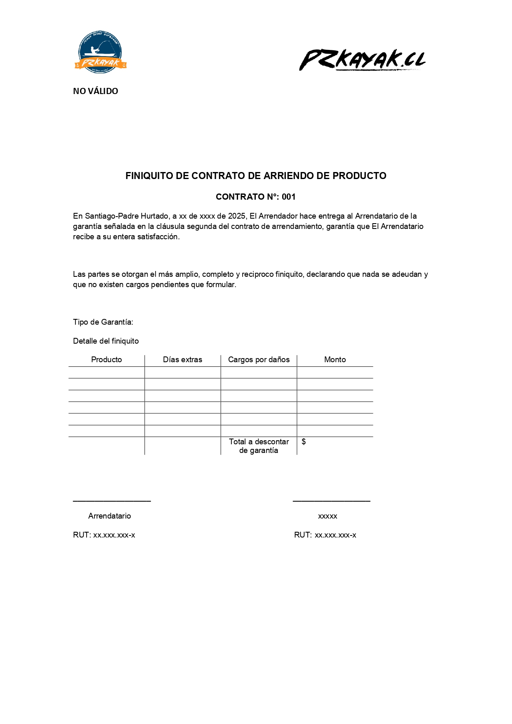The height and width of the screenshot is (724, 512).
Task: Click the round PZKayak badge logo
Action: click(x=100, y=52)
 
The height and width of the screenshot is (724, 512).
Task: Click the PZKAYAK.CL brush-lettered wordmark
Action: click(x=362, y=59)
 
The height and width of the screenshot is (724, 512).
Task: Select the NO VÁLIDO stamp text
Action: click(x=95, y=91)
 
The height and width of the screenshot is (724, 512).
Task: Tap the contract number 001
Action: click(x=289, y=197)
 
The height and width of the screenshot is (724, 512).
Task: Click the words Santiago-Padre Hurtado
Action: click(x=126, y=216)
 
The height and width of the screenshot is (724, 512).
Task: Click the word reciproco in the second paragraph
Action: click(x=257, y=274)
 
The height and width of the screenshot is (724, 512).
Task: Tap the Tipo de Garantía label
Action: click(x=103, y=322)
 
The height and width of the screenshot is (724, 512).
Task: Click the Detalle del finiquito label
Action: click(x=106, y=341)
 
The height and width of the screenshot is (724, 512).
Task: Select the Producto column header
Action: click(x=106, y=360)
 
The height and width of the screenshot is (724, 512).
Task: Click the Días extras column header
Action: click(x=182, y=360)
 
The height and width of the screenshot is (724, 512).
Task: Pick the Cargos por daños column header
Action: click(x=259, y=360)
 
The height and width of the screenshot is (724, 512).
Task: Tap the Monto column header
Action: click(x=335, y=360)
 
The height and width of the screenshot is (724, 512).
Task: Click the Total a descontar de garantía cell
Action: click(x=259, y=446)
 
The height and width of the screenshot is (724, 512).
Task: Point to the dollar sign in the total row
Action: click(x=304, y=442)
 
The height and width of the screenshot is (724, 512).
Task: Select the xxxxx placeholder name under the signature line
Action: click(x=328, y=516)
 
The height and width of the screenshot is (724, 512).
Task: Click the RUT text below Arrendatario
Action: click(x=104, y=535)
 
